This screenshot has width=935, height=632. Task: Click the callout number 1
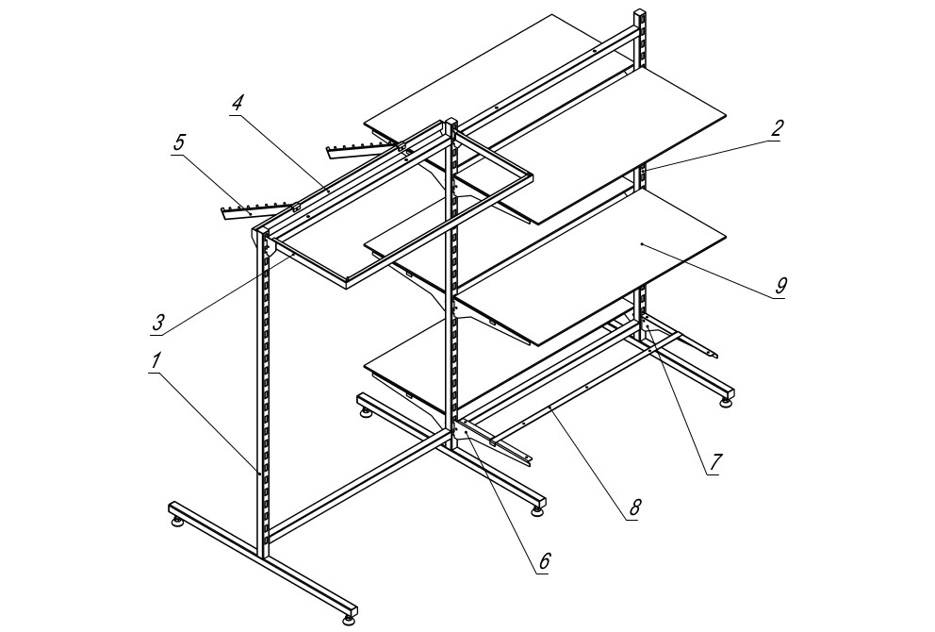click(x=156, y=361)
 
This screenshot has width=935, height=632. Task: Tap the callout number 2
click(x=775, y=128)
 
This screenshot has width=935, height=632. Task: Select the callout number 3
click(x=158, y=323)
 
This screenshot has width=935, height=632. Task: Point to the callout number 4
click(x=238, y=103)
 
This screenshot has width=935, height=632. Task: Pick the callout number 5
click(x=179, y=142)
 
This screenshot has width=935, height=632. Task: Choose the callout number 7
click(x=716, y=460)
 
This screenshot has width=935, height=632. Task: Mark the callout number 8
click(x=634, y=507)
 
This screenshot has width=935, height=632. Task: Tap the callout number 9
click(x=781, y=286)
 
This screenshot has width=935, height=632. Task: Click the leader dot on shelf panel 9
click(x=641, y=244)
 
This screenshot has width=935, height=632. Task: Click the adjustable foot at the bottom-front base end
click(x=349, y=622)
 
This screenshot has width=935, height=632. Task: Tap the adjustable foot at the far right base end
click(x=726, y=402)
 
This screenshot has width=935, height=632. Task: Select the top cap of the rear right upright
click(x=639, y=12)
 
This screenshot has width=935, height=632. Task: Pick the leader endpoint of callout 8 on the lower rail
click(x=550, y=409)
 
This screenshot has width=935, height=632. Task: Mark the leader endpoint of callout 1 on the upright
click(x=259, y=472)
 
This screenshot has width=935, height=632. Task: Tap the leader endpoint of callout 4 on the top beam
click(x=328, y=191)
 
